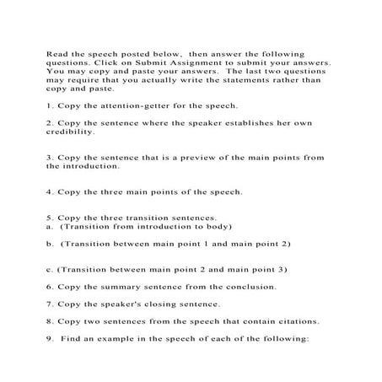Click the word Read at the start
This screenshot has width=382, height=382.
[x=56, y=53]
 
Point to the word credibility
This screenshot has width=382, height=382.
[x=71, y=132]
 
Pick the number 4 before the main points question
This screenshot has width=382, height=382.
[x=49, y=191]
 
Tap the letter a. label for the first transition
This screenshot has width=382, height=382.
[x=49, y=227]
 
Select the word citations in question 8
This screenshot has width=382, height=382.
[x=294, y=321]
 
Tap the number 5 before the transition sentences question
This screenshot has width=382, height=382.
[x=49, y=218]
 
